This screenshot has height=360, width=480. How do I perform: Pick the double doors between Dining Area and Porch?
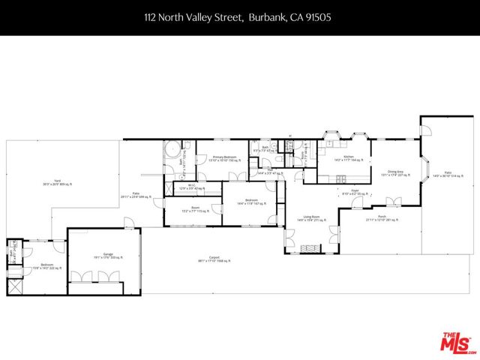pos(393,199)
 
